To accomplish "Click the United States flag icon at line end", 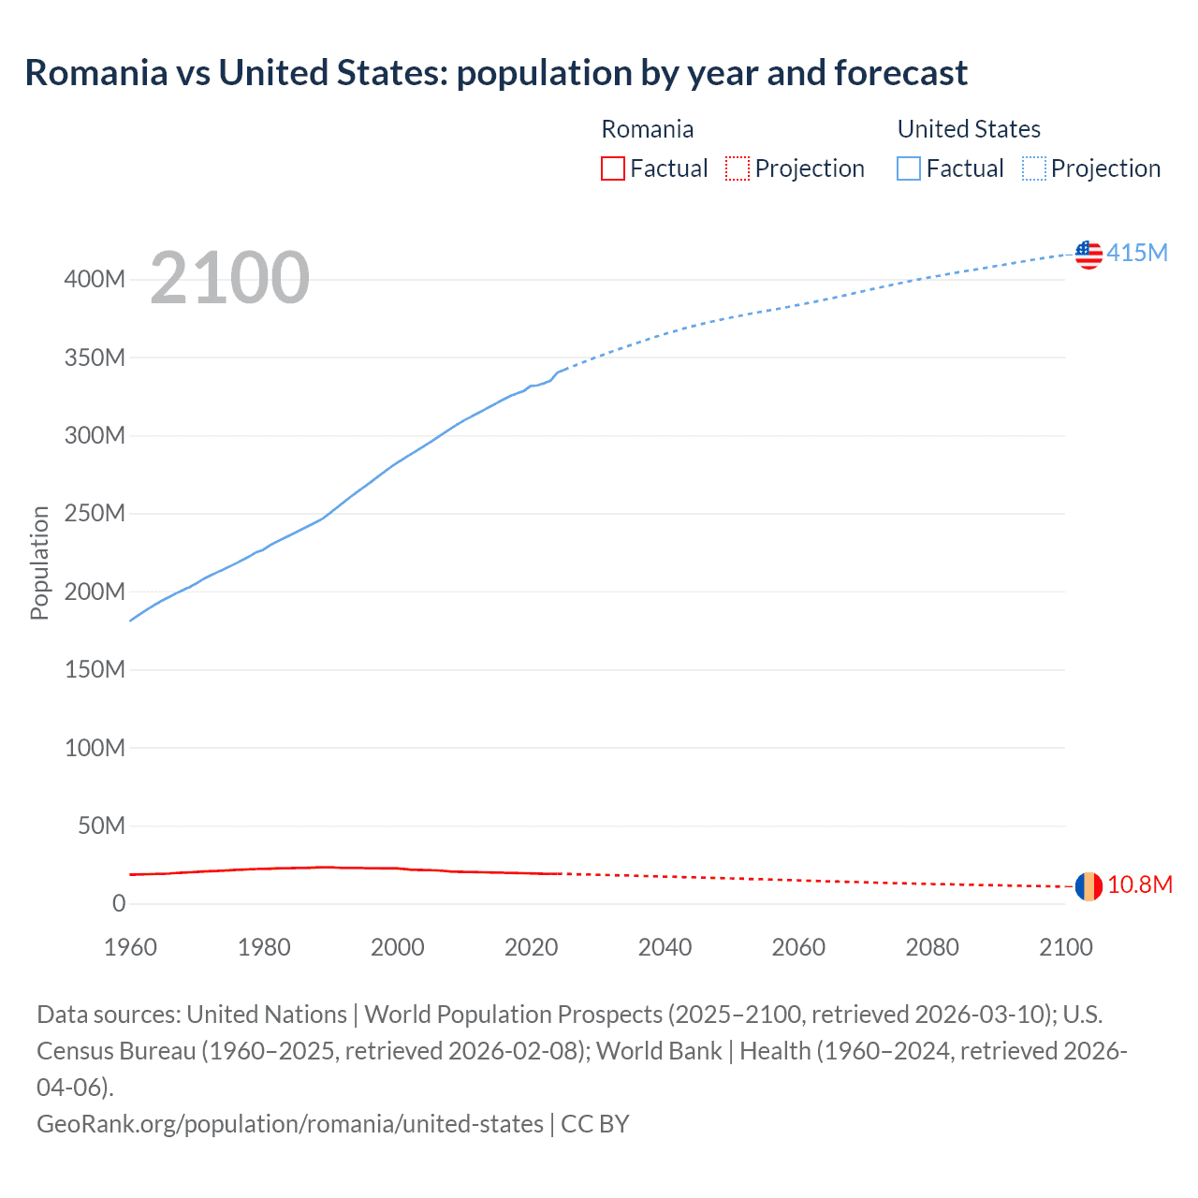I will point(1088,254).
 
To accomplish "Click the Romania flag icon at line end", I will point(1088,885).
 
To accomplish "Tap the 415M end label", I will point(1137,253).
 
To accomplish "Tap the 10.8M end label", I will point(1140,885).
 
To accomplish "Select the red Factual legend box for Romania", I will point(612,168).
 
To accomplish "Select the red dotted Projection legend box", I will point(738,168).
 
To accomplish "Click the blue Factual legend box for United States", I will point(909,168).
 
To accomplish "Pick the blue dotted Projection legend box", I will point(1034,168).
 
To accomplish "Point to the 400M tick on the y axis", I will point(95,280).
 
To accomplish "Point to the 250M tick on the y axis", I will point(95,514).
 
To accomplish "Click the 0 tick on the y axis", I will point(119,904).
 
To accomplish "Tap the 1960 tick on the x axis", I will point(130,947).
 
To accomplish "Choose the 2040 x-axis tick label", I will point(665,947).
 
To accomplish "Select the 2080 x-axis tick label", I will point(932,947).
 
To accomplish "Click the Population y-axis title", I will point(39,562).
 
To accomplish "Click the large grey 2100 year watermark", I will point(229,278).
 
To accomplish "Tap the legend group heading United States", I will point(969,129).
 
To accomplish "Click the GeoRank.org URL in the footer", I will point(290,1123).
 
